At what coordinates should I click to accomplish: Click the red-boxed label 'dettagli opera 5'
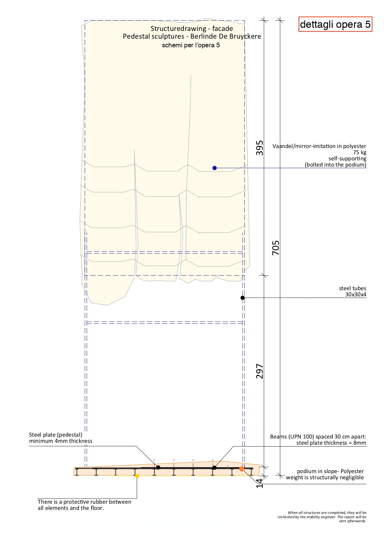pos(335,24)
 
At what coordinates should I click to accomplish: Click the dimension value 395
pos(260,148)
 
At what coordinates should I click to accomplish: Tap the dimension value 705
pos(276,248)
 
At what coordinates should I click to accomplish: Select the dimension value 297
pos(260,371)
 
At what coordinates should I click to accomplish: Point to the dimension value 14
pos(260,483)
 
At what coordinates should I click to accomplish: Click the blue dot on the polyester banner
pos(214,168)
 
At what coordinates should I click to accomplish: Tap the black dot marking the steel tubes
pos(243,298)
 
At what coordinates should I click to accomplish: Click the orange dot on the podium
pos(242,469)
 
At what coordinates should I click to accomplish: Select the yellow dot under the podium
pos(137,476)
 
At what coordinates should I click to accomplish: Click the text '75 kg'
pos(360,152)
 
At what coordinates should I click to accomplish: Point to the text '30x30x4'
pos(356,294)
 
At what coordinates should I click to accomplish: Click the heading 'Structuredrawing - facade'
pos(192,28)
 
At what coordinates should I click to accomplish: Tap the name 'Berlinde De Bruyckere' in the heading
pos(226,36)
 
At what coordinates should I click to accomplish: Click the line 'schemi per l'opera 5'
pos(191,45)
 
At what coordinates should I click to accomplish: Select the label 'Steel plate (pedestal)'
pos(56,435)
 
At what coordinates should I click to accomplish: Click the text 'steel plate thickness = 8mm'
pos(331,443)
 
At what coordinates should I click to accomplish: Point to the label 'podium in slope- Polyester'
pos(330,471)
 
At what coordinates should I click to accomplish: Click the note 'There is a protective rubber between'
pos(84,502)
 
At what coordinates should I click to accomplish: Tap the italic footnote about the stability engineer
pos(322,517)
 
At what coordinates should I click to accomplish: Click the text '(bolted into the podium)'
pos(335,165)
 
